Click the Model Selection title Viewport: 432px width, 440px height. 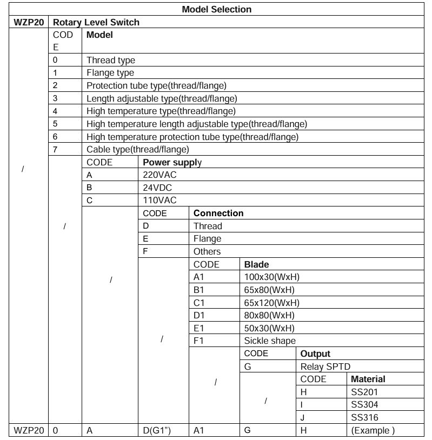coord(216,9)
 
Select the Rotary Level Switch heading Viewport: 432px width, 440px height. coord(96,22)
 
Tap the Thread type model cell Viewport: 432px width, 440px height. coord(111,60)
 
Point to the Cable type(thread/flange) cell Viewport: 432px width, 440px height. coord(137,149)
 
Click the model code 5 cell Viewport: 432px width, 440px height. coord(55,124)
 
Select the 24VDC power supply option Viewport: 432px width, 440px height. coord(157,188)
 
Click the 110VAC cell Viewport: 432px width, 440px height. coord(158,200)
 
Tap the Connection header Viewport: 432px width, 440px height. coord(218,213)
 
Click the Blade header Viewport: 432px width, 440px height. coord(257,264)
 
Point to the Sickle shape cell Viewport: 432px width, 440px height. coord(270,341)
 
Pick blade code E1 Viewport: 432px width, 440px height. coord(198,328)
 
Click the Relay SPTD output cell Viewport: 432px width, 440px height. coord(325,366)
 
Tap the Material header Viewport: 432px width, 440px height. coord(368,379)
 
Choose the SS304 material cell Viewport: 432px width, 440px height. coord(364,404)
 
